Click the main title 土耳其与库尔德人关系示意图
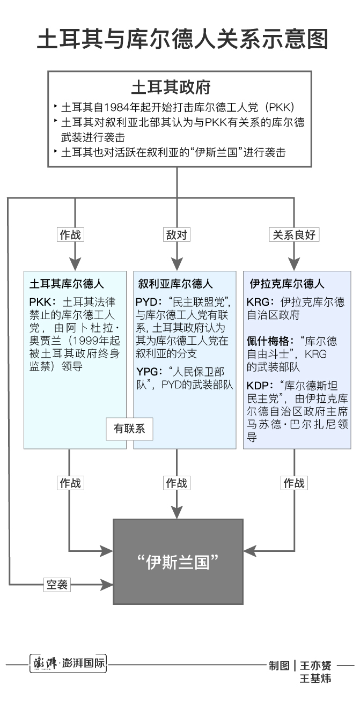(182, 39)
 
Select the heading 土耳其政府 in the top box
(171, 87)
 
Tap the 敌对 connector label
(177, 234)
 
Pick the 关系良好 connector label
(293, 234)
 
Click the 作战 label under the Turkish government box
(71, 234)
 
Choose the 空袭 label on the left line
(56, 585)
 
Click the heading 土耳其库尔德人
(67, 284)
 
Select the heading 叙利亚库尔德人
(175, 284)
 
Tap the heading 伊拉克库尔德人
(287, 284)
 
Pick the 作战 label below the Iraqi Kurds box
(293, 483)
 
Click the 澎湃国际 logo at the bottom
(68, 664)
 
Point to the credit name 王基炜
(315, 679)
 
